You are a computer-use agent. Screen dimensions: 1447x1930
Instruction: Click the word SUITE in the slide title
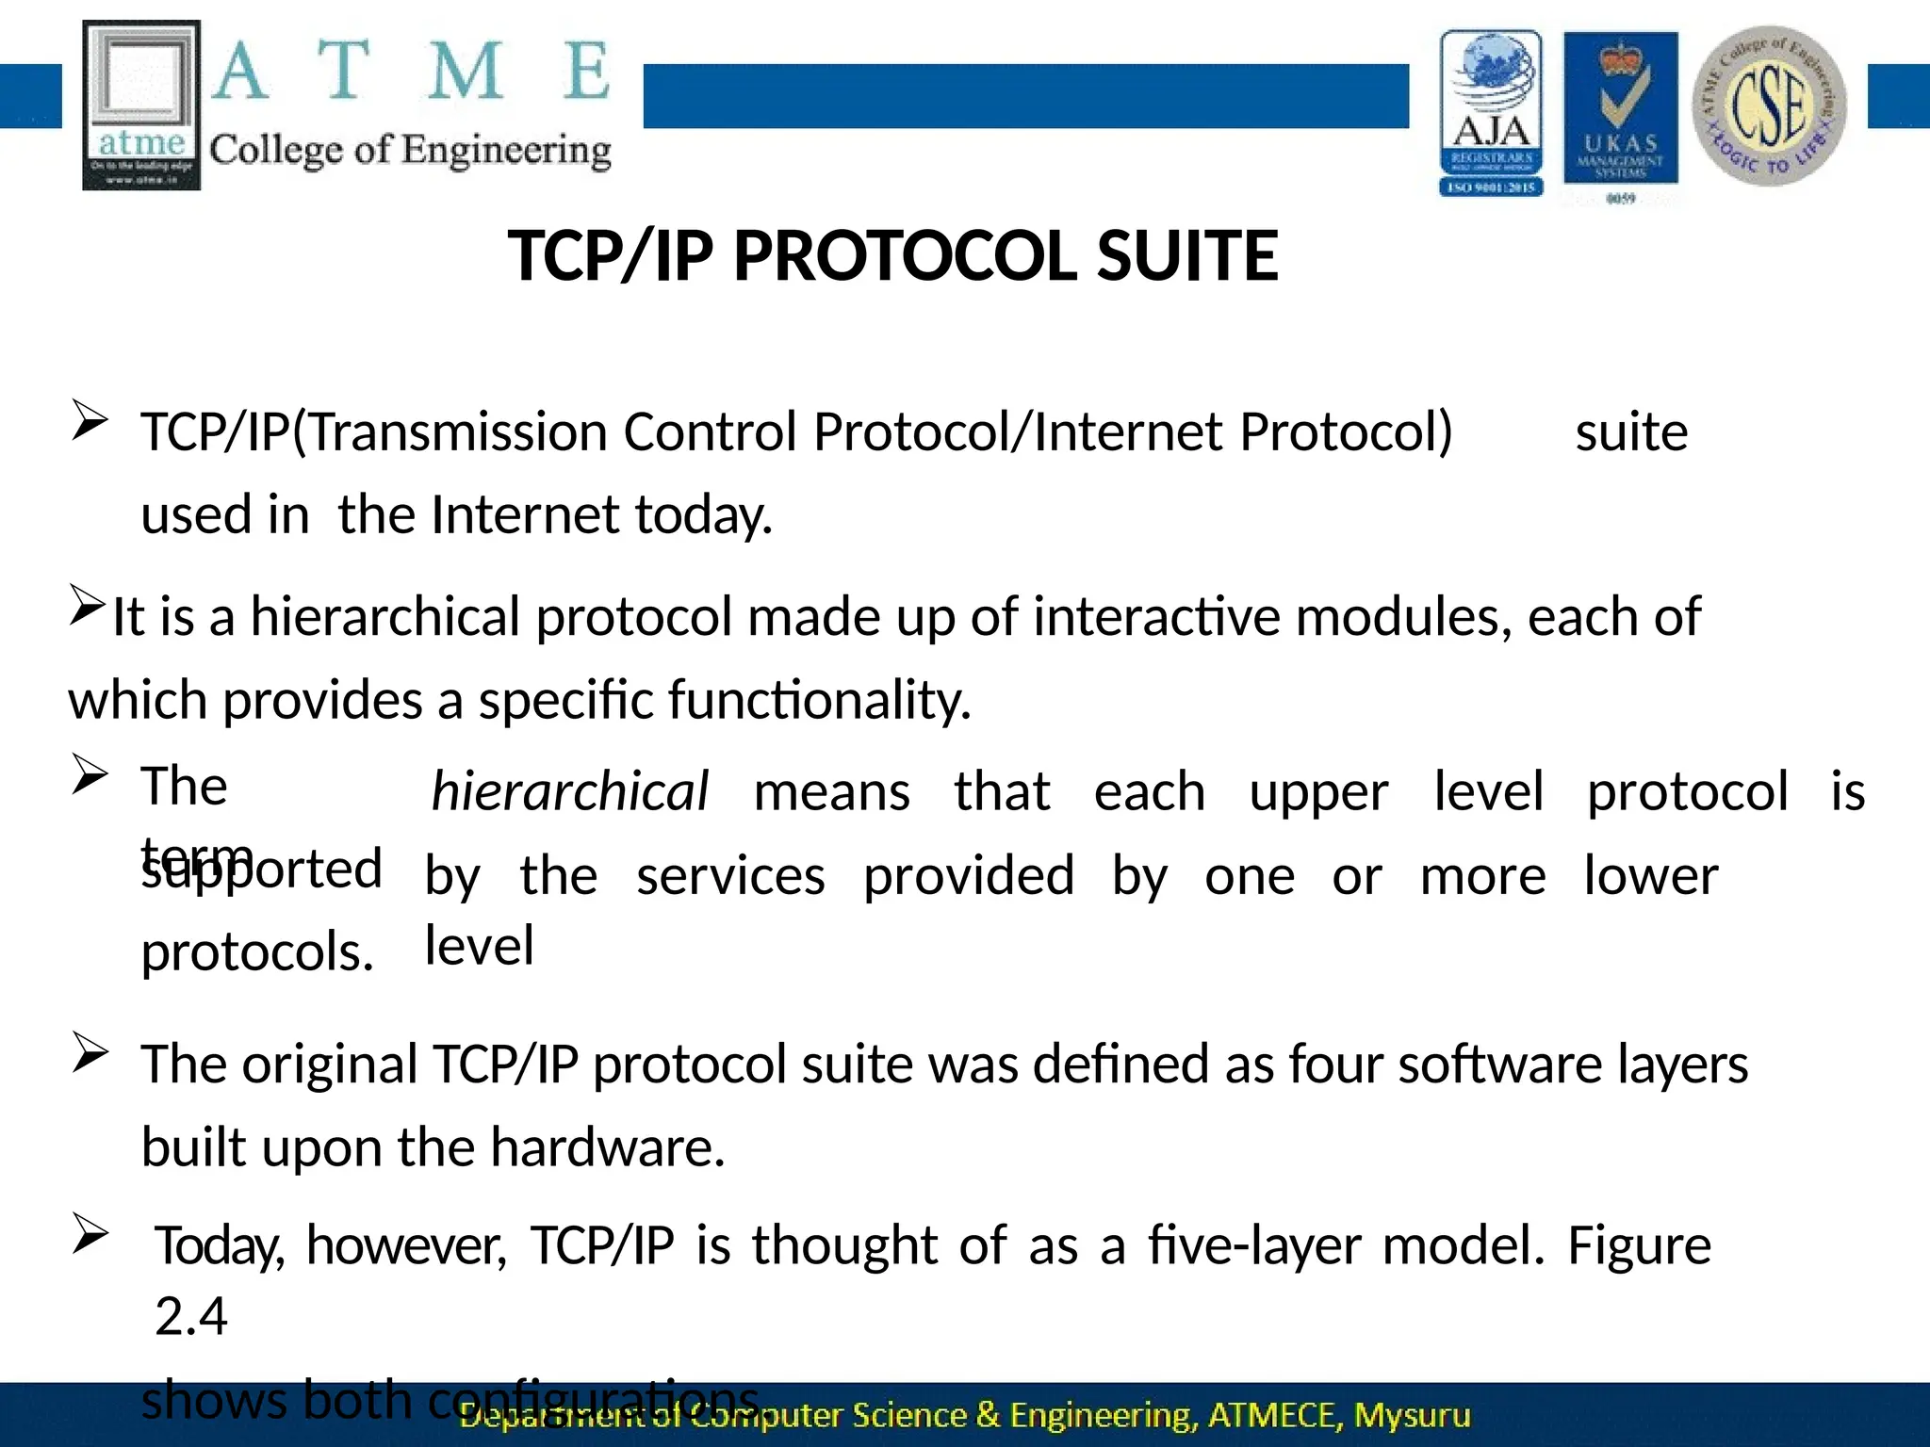pos(1187,256)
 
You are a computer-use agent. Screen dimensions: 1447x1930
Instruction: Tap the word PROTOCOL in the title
pos(905,256)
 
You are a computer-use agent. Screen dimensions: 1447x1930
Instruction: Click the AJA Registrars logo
pos(1491,113)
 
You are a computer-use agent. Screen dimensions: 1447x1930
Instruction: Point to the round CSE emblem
pos(1769,106)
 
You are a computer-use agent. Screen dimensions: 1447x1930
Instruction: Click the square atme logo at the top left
pos(141,105)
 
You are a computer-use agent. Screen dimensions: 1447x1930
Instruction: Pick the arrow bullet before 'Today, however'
pos(90,1234)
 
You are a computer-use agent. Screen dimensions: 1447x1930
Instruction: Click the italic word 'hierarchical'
pos(569,791)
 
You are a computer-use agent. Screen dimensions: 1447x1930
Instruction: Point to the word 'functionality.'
pos(819,701)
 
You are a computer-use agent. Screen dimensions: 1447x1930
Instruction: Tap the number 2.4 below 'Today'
pos(191,1316)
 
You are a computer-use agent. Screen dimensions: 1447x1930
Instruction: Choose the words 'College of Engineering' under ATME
pos(410,151)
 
